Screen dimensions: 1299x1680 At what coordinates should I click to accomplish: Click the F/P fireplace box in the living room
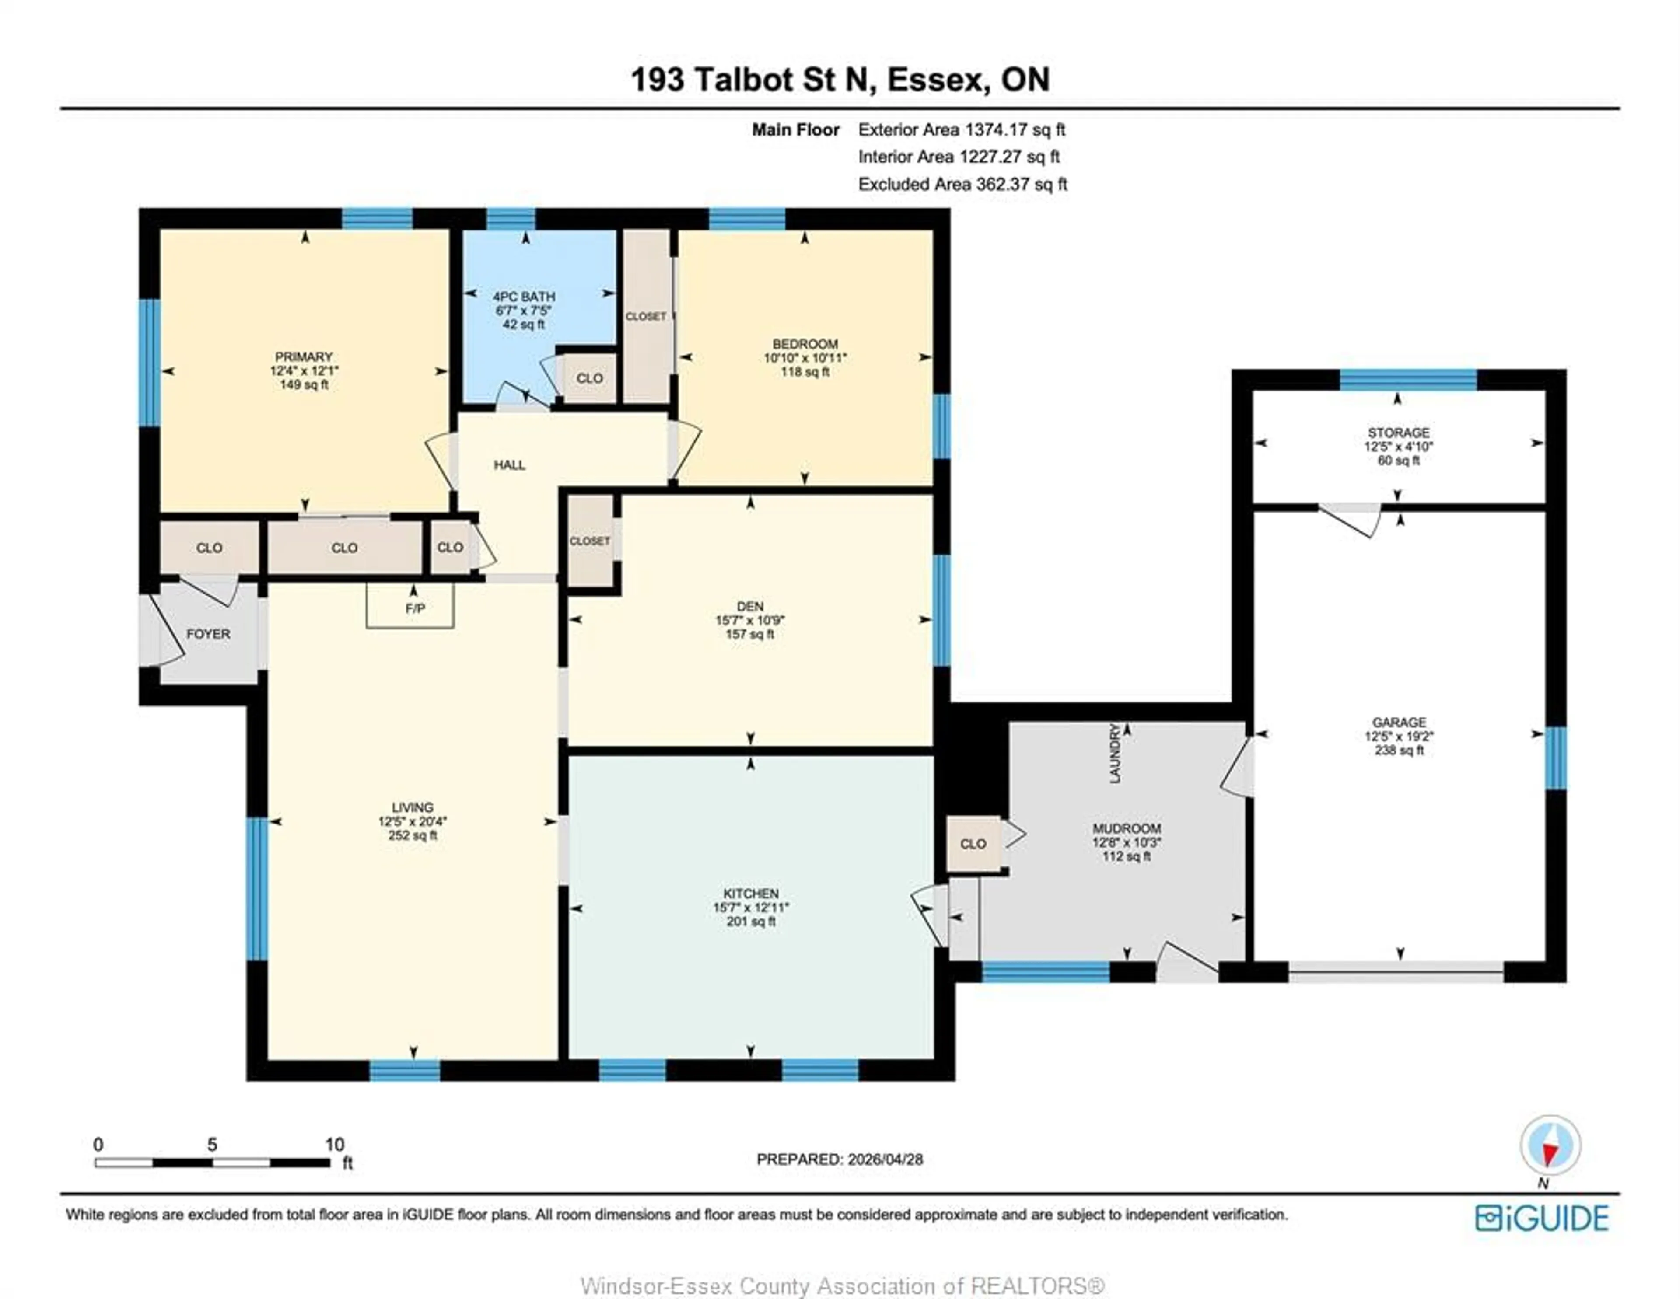tap(410, 606)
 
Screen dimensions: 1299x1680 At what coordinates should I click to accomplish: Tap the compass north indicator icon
tap(1550, 1145)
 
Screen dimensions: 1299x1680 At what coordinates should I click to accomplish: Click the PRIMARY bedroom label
tap(304, 357)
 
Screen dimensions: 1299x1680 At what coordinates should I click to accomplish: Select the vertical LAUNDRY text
tap(1115, 753)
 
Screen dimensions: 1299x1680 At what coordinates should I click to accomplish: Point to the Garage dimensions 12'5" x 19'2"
tap(1398, 736)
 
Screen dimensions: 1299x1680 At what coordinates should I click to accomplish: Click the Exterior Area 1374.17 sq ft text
tap(962, 130)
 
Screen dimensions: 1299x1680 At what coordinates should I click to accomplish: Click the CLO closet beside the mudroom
tap(973, 844)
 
